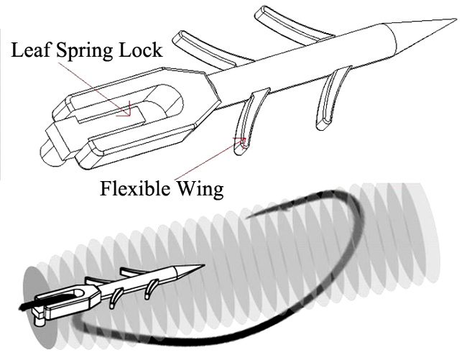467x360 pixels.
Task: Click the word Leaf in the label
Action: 29,50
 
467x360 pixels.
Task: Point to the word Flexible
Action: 137,188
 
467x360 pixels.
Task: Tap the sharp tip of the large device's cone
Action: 456,19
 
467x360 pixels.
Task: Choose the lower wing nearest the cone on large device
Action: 332,98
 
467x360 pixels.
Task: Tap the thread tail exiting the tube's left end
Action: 26,306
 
